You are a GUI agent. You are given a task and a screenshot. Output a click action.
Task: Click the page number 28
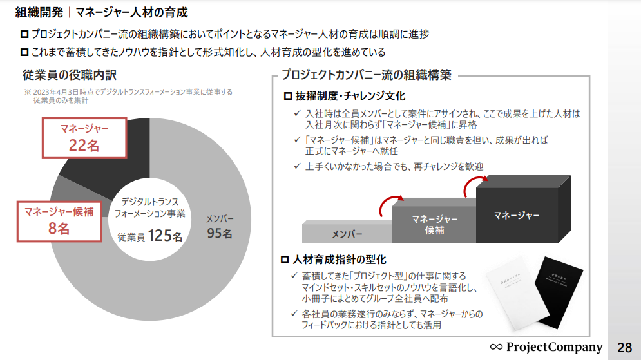[624, 347]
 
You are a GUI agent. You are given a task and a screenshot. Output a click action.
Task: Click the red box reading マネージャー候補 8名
[59, 220]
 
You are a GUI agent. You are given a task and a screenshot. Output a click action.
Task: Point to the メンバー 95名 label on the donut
[220, 226]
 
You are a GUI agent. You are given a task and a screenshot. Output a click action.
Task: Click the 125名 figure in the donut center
[165, 236]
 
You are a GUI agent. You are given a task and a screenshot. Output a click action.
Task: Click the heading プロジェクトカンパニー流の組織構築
[366, 75]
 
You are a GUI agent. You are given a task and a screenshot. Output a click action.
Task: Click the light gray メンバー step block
[347, 232]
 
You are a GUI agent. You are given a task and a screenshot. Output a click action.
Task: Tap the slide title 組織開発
[38, 12]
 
